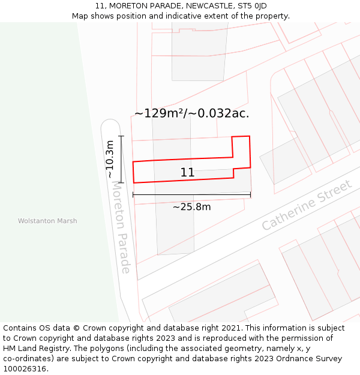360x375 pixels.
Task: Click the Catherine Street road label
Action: pos(307,205)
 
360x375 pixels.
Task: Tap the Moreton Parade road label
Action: pos(121,227)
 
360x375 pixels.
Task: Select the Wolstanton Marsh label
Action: pos(47,221)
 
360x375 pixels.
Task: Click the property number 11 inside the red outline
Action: pos(187,173)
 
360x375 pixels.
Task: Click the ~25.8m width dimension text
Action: pos(191,207)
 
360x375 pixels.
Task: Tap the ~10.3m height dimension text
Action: pos(110,158)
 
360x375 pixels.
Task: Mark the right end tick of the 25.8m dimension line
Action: pos(251,194)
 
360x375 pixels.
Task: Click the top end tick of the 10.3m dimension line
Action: pos(121,136)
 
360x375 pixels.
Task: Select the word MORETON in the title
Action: pos(127,6)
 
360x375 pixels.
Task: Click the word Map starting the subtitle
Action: pos(80,16)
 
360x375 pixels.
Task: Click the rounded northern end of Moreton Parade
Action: pos(110,124)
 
